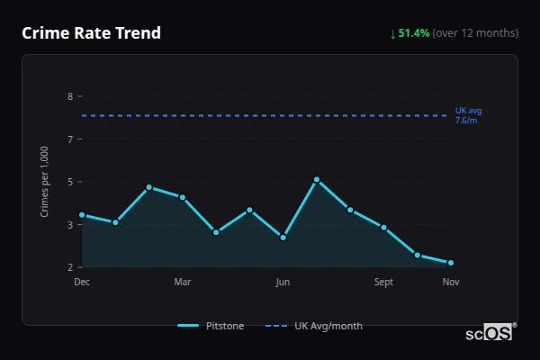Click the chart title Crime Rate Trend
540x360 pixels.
pyautogui.click(x=92, y=33)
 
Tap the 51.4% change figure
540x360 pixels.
pyautogui.click(x=414, y=33)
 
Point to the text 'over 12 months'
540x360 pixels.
pyautogui.click(x=475, y=33)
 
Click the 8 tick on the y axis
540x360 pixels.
pyautogui.click(x=69, y=96)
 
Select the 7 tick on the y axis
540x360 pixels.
pyautogui.click(x=69, y=139)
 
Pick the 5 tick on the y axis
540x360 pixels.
pyautogui.click(x=69, y=182)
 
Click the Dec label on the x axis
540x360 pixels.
pyautogui.click(x=82, y=282)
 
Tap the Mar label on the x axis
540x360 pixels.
pyautogui.click(x=183, y=282)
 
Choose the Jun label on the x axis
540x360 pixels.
pyautogui.click(x=283, y=282)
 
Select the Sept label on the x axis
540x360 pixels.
pyautogui.click(x=383, y=282)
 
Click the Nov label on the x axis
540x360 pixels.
pyautogui.click(x=451, y=282)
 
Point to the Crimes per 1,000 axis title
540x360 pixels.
pyautogui.click(x=45, y=182)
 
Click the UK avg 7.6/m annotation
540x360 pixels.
pyautogui.click(x=468, y=115)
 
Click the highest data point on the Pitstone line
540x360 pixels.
pyautogui.click(x=317, y=180)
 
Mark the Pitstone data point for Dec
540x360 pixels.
pyautogui.click(x=82, y=215)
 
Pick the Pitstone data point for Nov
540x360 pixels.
pyautogui.click(x=451, y=263)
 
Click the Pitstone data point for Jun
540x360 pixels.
pyautogui.click(x=283, y=238)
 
